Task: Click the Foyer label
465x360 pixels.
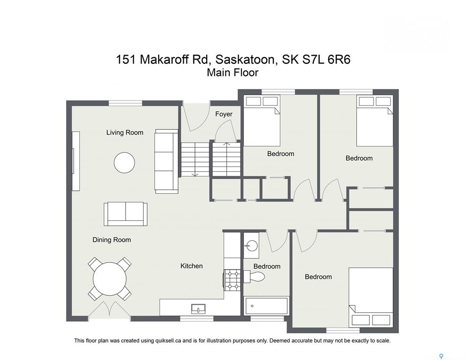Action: [x=224, y=114]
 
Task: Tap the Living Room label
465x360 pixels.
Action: [x=125, y=133]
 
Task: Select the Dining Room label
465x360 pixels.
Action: [x=112, y=240]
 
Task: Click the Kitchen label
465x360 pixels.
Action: [x=192, y=266]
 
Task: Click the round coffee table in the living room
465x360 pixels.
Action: [x=125, y=163]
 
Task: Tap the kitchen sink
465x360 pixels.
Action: [x=198, y=309]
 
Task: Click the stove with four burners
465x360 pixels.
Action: [x=233, y=280]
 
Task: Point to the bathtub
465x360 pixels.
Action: [x=266, y=306]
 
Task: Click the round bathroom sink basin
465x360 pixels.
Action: [x=251, y=246]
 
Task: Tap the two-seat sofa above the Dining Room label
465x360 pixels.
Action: [x=126, y=214]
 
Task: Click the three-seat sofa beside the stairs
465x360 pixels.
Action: [x=166, y=161]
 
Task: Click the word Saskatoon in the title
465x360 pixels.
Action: [x=245, y=60]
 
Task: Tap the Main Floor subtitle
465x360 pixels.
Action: [x=232, y=73]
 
